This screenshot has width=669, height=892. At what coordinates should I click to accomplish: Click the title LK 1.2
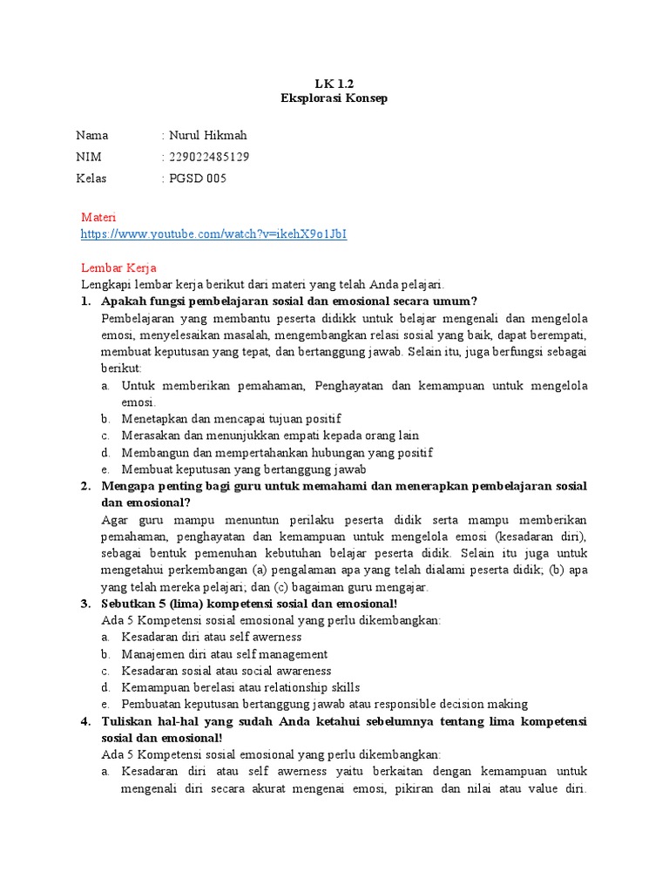tap(334, 84)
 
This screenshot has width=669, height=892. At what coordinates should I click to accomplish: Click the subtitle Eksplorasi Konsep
tap(334, 98)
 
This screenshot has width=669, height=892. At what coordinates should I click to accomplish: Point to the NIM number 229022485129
tap(210, 157)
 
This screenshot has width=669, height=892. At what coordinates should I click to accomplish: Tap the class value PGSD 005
tap(197, 179)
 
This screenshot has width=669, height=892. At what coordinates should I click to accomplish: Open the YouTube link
tap(213, 234)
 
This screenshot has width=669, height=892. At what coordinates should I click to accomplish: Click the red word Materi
tap(98, 217)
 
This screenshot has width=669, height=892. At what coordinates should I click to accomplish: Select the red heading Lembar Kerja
tap(118, 268)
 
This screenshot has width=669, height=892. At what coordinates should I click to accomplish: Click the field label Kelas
tap(91, 179)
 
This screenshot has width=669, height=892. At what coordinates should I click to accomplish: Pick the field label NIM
tap(89, 157)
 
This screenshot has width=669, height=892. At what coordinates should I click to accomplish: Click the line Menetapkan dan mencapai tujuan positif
tap(231, 419)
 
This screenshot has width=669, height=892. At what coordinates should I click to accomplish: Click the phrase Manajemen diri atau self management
tap(225, 654)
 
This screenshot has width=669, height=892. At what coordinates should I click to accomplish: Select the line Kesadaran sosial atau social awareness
tap(226, 671)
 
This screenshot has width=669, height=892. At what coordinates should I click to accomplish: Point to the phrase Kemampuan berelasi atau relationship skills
tap(240, 687)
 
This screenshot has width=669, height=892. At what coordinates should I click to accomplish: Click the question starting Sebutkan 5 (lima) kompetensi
tap(249, 604)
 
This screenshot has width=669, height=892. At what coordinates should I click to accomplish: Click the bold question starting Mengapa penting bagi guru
tap(344, 486)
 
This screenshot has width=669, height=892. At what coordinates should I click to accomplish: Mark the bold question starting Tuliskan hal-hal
tap(344, 722)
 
